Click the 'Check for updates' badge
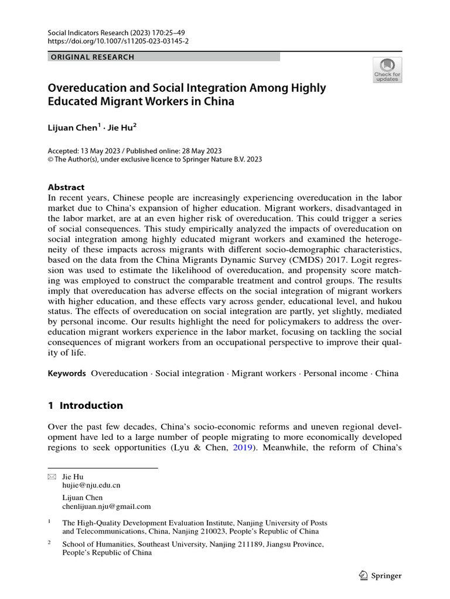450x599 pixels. (387, 70)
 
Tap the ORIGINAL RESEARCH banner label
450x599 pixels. (92, 57)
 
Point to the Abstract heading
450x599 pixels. (66, 187)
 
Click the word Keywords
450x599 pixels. (67, 373)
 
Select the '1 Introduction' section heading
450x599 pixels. (85, 405)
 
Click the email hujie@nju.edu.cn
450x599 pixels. (91, 486)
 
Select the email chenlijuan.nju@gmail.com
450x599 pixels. (106, 507)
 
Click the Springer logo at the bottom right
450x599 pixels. (379, 576)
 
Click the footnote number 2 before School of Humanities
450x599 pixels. (49, 543)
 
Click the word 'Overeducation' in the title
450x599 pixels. (87, 88)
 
